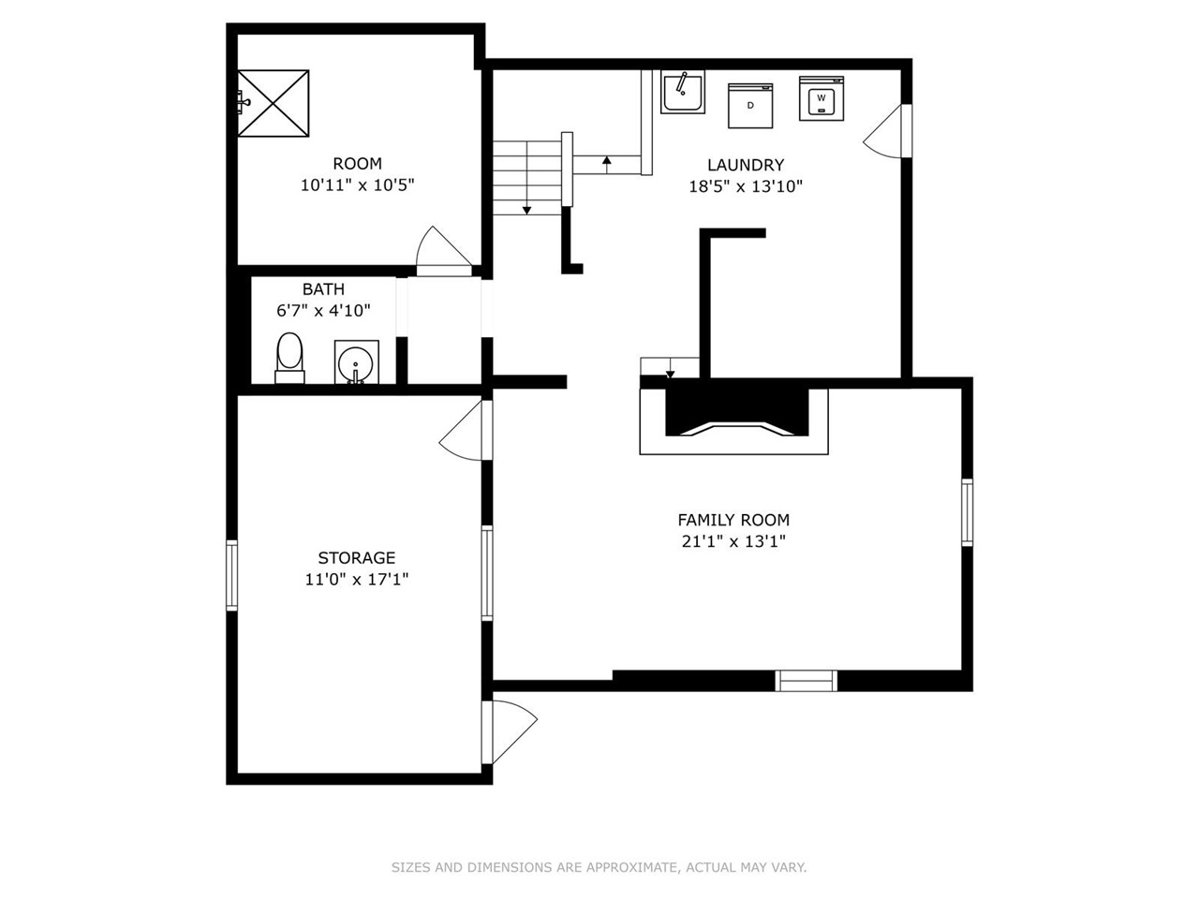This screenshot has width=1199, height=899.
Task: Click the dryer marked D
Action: tap(750, 105)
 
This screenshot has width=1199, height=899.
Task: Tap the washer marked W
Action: tap(822, 98)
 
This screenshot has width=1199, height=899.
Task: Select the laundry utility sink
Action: tap(682, 92)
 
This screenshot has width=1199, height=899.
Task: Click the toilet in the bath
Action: tap(289, 358)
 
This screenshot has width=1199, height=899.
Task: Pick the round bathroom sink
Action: tap(357, 362)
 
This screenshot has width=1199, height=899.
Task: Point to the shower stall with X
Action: tap(273, 102)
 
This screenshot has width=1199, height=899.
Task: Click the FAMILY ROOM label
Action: tap(733, 520)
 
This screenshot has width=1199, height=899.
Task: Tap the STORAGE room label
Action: tap(356, 558)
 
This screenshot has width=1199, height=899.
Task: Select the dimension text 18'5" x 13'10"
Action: tap(746, 186)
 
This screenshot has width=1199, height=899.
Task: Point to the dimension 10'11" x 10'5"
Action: tap(357, 185)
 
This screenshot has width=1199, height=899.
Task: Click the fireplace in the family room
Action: tap(734, 418)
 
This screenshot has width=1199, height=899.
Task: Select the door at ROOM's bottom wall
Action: tap(442, 253)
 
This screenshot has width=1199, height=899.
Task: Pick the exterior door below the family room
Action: tap(509, 730)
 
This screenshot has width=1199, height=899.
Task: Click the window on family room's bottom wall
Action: tap(807, 681)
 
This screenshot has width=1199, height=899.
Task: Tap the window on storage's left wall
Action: tap(231, 576)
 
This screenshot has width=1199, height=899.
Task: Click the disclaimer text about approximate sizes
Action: tap(599, 867)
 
